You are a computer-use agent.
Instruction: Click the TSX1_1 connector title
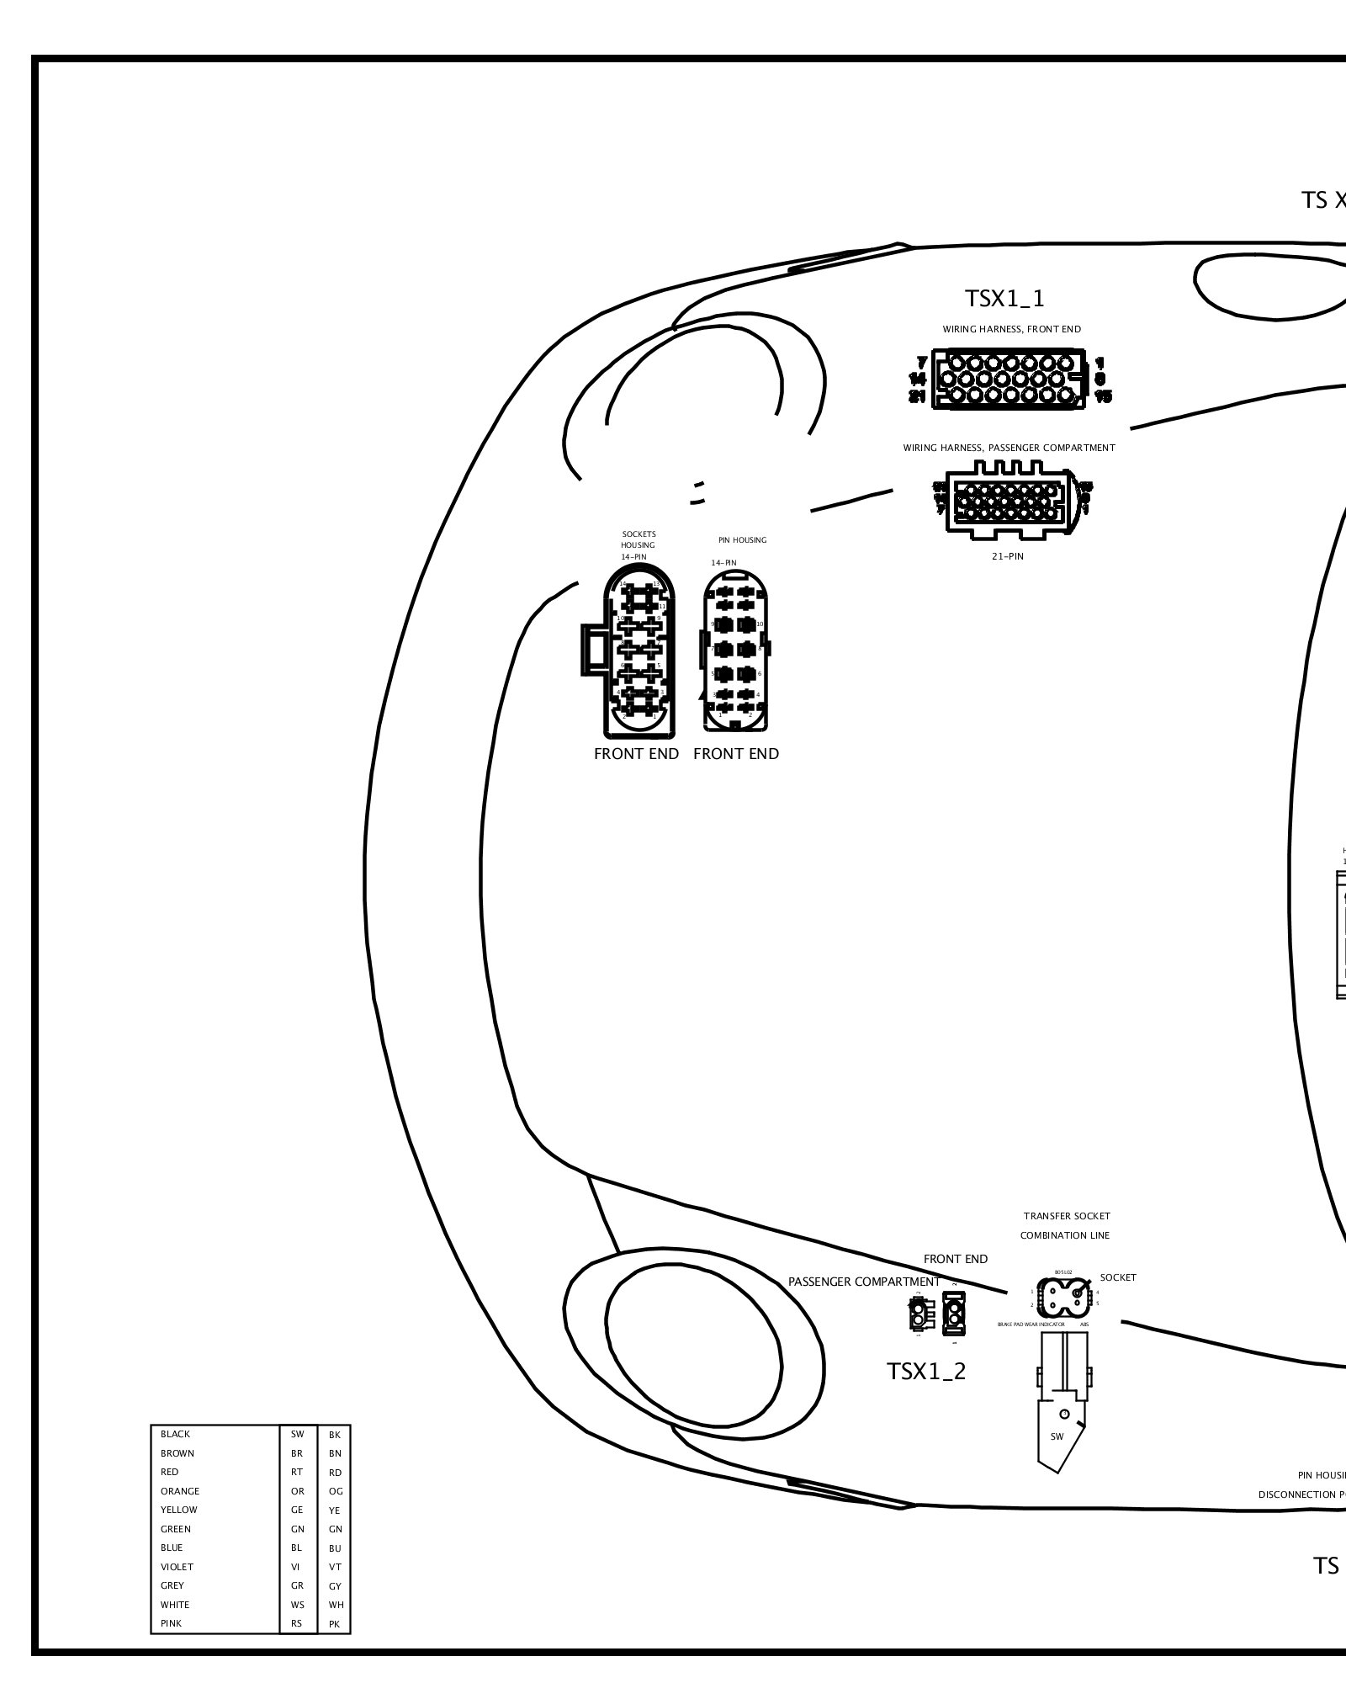coord(1004,299)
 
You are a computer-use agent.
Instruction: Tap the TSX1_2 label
coord(926,1371)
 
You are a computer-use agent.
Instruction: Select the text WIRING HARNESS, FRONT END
coord(1011,329)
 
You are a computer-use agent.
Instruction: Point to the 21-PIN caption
coord(1007,556)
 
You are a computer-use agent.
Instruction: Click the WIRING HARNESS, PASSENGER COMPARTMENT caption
coord(1009,448)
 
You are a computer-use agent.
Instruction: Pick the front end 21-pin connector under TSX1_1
coord(1006,380)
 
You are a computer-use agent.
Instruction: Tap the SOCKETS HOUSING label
coord(639,539)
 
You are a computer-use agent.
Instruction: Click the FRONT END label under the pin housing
coord(736,754)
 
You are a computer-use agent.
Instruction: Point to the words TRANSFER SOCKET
coord(1067,1216)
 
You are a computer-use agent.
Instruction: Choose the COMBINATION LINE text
coord(1064,1235)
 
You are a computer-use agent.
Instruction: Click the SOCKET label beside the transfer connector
coord(1118,1277)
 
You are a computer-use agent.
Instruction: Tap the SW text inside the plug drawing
coord(1057,1436)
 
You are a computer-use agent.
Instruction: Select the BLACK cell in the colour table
coord(176,1434)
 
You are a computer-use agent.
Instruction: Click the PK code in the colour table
coord(335,1624)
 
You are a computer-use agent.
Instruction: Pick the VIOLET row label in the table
coord(177,1567)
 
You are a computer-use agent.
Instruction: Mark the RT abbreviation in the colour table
coord(297,1472)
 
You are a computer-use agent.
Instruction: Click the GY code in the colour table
coord(335,1586)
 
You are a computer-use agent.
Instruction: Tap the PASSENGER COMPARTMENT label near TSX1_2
coord(864,1282)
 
